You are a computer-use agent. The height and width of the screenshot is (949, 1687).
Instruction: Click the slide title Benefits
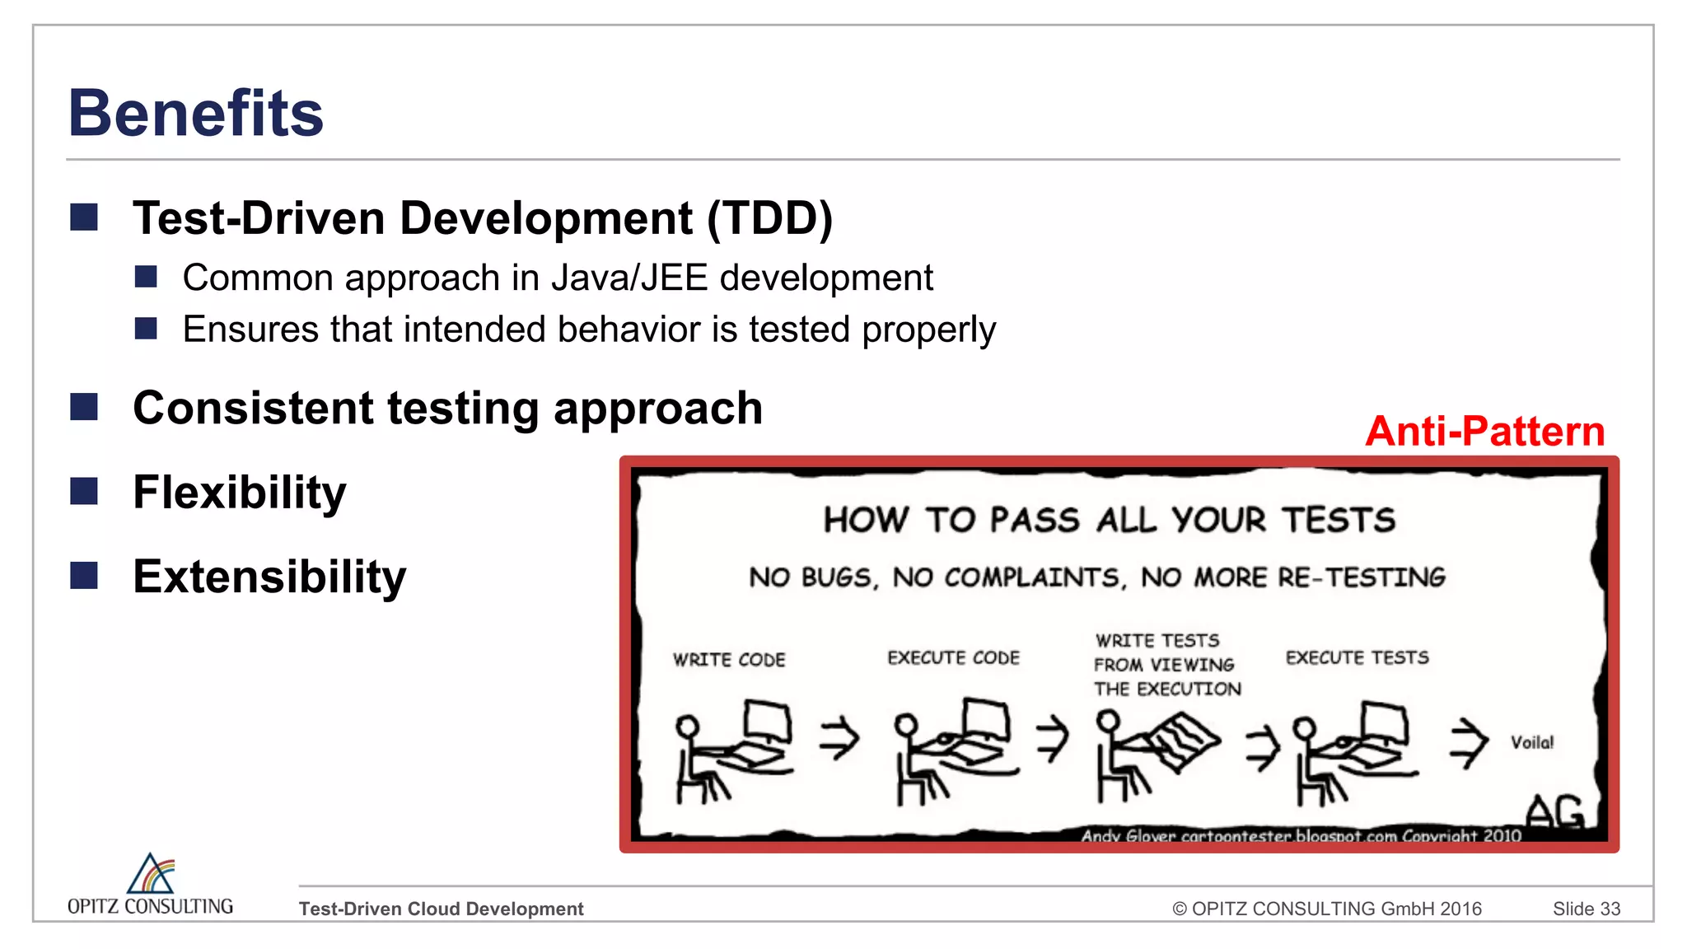pyautogui.click(x=195, y=113)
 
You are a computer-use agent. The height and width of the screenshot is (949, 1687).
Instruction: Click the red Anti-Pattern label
pyautogui.click(x=1484, y=431)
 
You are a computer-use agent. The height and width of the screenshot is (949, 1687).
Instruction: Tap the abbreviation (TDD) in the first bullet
pyautogui.click(x=769, y=218)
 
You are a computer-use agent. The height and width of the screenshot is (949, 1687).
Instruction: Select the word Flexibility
pyautogui.click(x=239, y=493)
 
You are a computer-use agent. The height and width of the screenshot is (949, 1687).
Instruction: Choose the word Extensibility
pyautogui.click(x=269, y=577)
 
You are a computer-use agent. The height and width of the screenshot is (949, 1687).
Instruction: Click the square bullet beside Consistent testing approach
pyautogui.click(x=84, y=407)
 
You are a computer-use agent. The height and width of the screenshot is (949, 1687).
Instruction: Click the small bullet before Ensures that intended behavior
pyautogui.click(x=146, y=329)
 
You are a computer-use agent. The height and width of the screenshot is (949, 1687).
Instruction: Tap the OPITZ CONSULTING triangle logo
pyautogui.click(x=151, y=874)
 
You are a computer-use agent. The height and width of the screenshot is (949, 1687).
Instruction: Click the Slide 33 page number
pyautogui.click(x=1586, y=909)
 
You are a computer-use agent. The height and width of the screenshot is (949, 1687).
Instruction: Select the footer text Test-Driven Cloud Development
pyautogui.click(x=441, y=909)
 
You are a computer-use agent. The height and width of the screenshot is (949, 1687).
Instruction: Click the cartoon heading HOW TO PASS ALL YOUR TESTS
pyautogui.click(x=1109, y=520)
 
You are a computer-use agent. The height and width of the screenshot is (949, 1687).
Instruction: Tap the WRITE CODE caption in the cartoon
pyautogui.click(x=729, y=660)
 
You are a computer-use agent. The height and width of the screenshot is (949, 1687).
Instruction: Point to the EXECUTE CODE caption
pyautogui.click(x=953, y=657)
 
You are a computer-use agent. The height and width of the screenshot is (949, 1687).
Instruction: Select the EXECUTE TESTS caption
pyautogui.click(x=1357, y=657)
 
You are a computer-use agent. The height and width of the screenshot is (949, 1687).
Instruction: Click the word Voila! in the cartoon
pyautogui.click(x=1531, y=742)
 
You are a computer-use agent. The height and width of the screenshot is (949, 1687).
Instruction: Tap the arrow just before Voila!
pyautogui.click(x=1469, y=742)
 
